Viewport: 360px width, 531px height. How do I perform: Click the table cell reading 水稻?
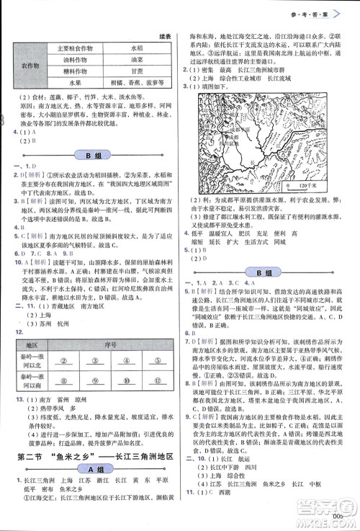136,48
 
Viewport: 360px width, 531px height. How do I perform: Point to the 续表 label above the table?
164,35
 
